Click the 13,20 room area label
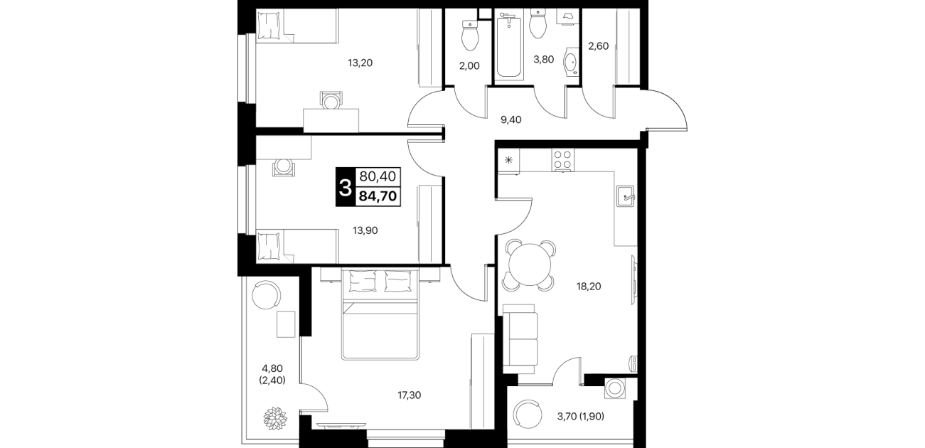coord(360,63)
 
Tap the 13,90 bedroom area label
coord(365,230)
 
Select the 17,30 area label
coord(410,395)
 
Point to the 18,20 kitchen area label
coord(589,286)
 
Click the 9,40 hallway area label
coord(510,119)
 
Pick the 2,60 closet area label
coord(599,46)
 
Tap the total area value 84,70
coord(378,196)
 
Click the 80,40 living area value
coord(378,176)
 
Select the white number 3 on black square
coord(346,188)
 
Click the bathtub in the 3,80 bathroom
coord(508,46)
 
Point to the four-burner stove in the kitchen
coord(562,160)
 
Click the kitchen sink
coord(626,196)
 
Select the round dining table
coord(530,265)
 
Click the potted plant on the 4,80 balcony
coord(275,419)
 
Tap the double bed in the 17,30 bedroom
coord(380,314)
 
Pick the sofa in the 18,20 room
coord(520,340)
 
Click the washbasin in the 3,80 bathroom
coord(571,63)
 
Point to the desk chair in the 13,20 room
coord(331,100)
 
